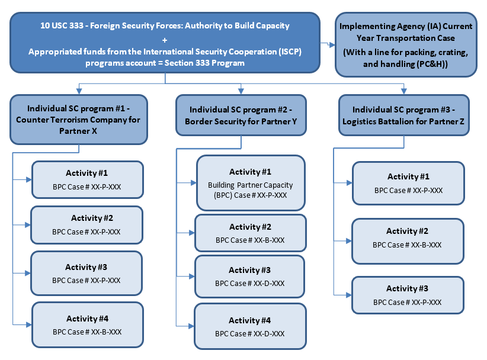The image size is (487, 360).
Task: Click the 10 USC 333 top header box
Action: click(165, 44)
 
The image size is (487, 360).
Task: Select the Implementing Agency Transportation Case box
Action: click(406, 45)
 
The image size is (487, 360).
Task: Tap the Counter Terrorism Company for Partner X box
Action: click(79, 120)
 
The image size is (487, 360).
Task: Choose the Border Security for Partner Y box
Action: click(240, 117)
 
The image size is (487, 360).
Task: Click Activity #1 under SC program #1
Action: click(87, 179)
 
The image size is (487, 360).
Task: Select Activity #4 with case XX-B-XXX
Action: click(87, 325)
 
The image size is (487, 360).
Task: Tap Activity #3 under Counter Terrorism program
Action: click(87, 274)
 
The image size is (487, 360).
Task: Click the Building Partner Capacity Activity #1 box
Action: click(251, 182)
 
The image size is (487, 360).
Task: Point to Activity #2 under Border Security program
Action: click(250, 233)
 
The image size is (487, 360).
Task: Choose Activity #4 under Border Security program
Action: click(250, 326)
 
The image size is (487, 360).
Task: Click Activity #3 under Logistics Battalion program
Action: click(407, 295)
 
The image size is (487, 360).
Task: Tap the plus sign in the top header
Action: click(165, 38)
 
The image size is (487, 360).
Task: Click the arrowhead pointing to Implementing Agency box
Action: click(331, 44)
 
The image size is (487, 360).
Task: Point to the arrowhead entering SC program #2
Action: click(240, 91)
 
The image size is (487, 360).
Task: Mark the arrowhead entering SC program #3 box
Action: click(404, 91)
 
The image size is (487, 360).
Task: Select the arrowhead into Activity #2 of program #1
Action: click(28, 225)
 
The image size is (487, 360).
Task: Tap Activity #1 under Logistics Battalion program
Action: click(408, 183)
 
